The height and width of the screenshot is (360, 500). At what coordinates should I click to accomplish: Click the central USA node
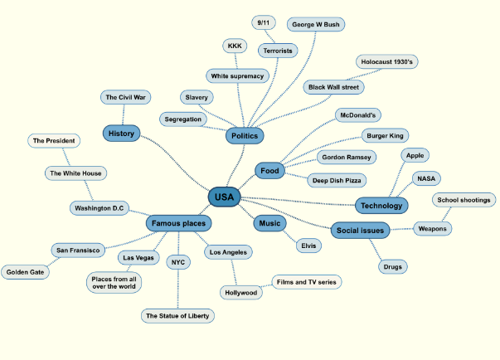tap(224, 197)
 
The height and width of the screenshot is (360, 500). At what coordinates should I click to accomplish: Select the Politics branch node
tap(245, 135)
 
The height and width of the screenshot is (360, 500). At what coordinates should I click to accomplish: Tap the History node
tap(121, 133)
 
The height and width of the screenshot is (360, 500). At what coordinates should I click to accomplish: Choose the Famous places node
tap(178, 223)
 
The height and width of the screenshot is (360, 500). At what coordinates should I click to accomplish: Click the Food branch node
tap(269, 171)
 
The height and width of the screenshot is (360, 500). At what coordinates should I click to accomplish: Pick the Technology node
tap(381, 205)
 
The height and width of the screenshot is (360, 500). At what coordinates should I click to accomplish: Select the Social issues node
tap(360, 230)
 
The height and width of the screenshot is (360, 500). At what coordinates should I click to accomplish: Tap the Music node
tap(269, 223)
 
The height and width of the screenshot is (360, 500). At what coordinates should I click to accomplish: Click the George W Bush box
tap(316, 25)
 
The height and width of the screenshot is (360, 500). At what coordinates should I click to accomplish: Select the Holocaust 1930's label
tap(387, 62)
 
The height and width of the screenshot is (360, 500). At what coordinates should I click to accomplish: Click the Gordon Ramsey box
tap(347, 157)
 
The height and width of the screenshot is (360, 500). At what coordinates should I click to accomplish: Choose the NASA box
tap(427, 178)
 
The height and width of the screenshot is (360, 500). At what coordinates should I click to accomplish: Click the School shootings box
tap(464, 200)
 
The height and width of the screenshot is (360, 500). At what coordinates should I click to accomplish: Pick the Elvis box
tap(308, 246)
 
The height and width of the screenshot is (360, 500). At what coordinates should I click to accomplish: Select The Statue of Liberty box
tap(178, 316)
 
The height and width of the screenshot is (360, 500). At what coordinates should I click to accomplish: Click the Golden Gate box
tap(26, 271)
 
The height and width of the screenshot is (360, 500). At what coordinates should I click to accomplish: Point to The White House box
tap(75, 173)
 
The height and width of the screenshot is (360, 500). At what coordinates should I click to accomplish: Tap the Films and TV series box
tap(306, 282)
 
